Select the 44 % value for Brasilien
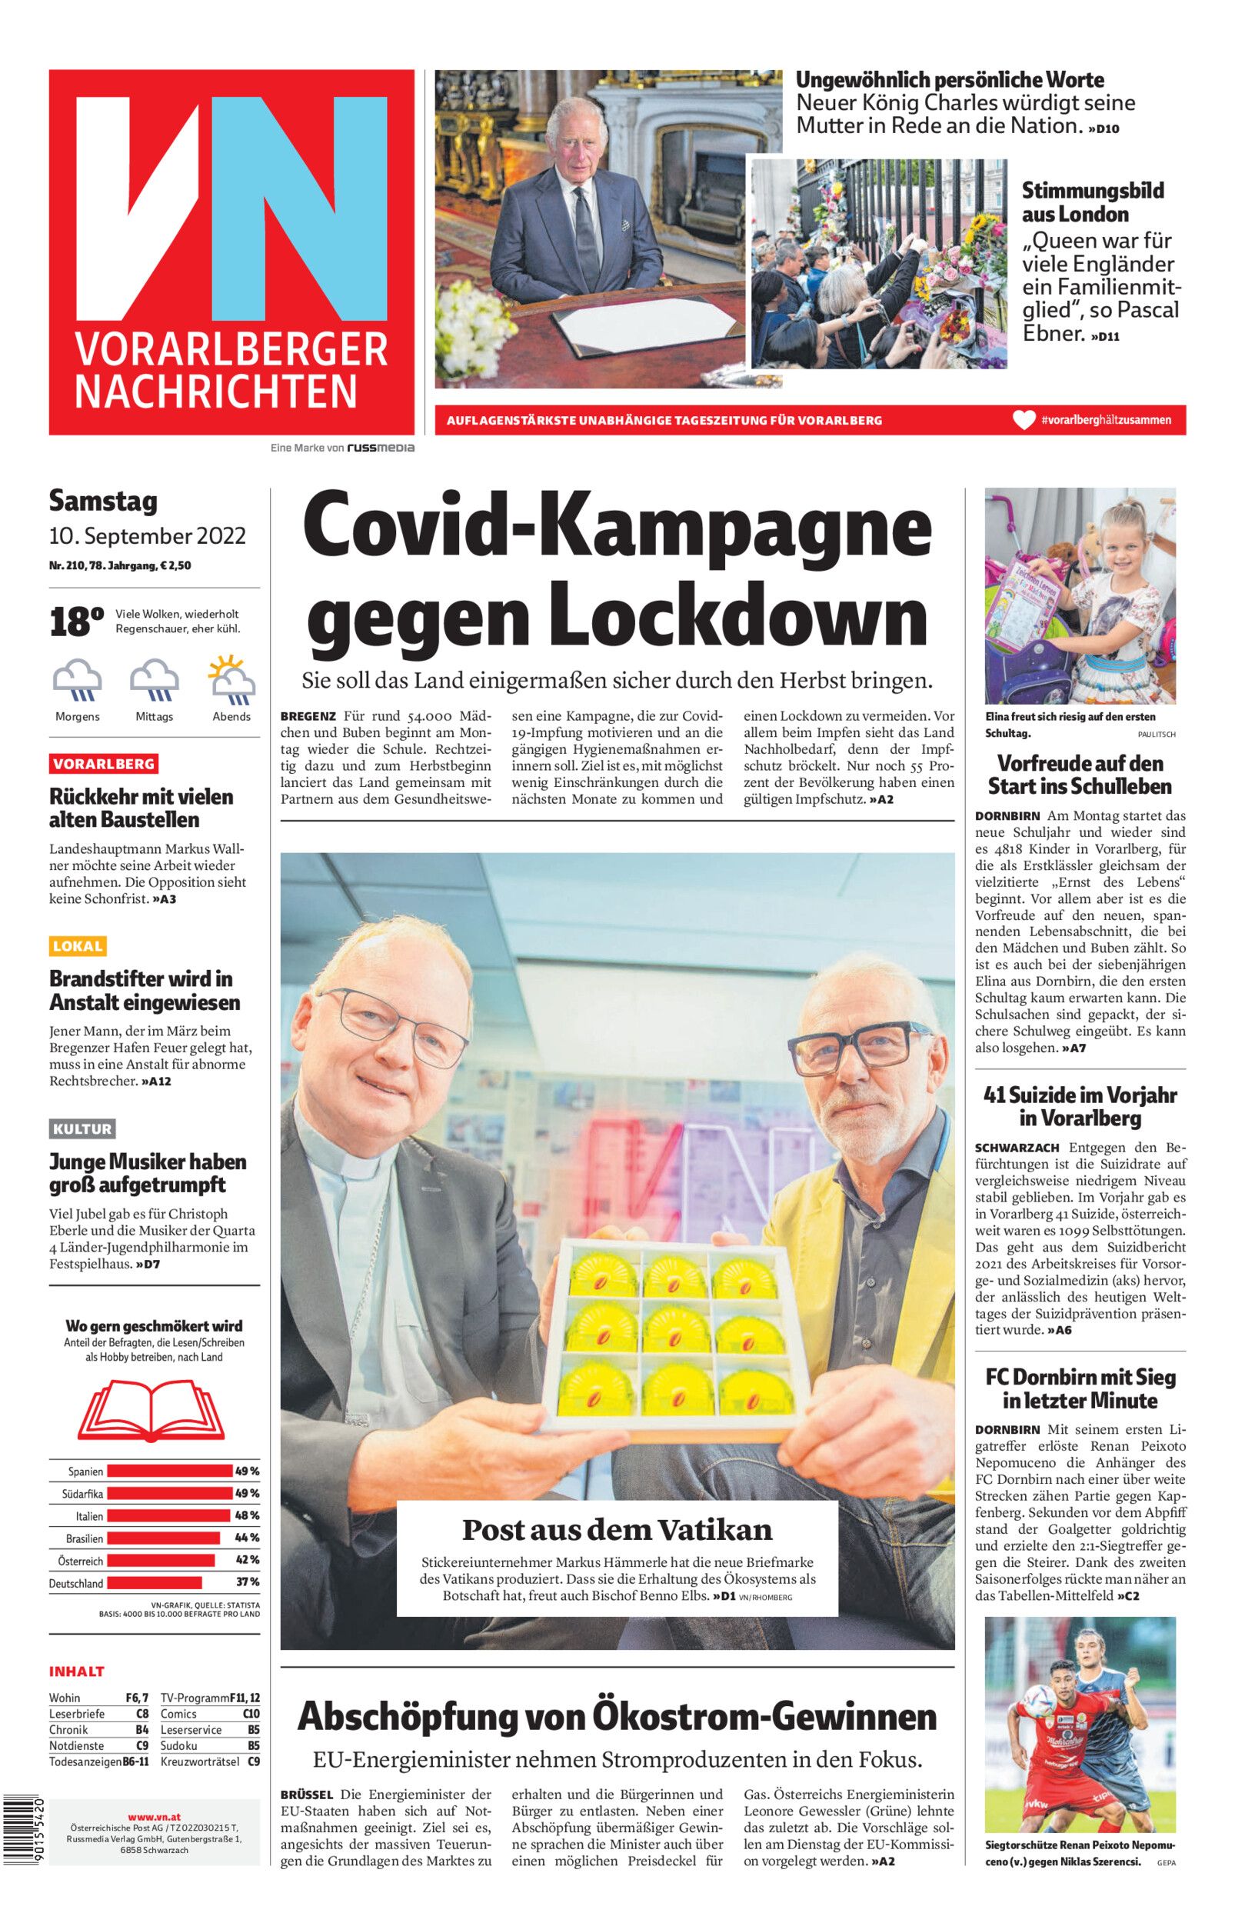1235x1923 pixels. (x=246, y=1538)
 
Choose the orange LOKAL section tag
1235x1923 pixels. (x=78, y=946)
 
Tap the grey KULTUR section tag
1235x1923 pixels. (x=82, y=1129)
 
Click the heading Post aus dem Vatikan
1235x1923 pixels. (x=617, y=1530)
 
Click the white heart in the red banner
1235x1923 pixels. (x=1024, y=419)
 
